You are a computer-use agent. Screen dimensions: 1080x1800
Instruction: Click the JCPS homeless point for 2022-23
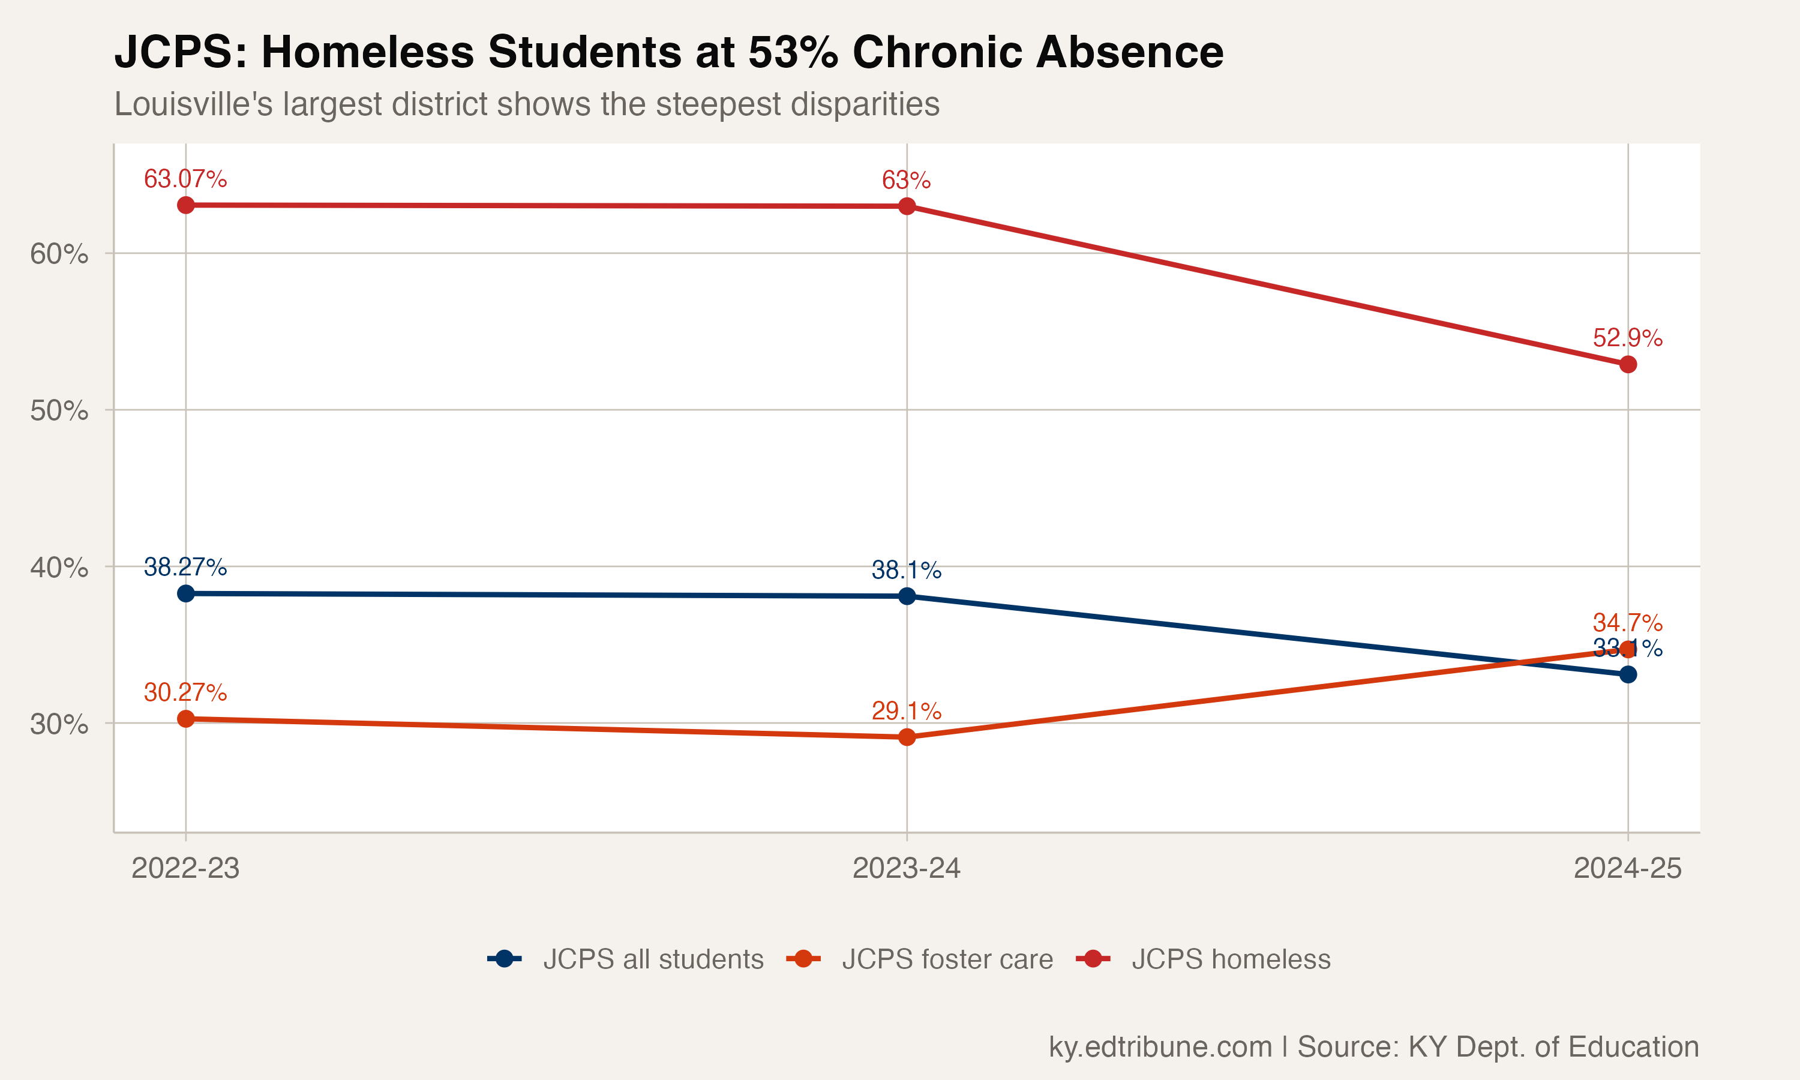tap(185, 205)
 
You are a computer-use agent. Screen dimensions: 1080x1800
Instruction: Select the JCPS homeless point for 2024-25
tap(1628, 364)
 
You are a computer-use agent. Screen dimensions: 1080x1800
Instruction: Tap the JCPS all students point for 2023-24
tap(907, 596)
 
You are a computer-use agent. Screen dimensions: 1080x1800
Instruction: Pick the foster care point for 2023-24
tap(907, 737)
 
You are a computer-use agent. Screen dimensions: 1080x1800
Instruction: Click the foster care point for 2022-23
tap(185, 719)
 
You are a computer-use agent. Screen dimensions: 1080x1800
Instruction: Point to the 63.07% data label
tap(185, 179)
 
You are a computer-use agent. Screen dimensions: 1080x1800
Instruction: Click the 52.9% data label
tap(1628, 338)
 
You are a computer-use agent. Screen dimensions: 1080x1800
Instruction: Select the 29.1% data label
tap(907, 711)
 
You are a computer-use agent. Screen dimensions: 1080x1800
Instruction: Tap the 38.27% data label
tap(185, 567)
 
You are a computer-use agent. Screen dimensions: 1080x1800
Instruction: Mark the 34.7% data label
tap(1628, 623)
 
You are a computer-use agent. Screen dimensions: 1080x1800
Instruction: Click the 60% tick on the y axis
tap(59, 254)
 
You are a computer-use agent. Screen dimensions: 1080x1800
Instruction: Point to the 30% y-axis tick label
tap(59, 724)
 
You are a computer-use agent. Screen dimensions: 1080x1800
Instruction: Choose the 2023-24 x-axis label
tap(907, 868)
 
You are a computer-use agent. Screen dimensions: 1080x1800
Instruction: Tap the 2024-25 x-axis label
tap(1628, 868)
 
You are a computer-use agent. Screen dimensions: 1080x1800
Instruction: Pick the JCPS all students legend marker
tap(504, 959)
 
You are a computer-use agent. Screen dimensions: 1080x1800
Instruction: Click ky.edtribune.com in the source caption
tap(1160, 1046)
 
